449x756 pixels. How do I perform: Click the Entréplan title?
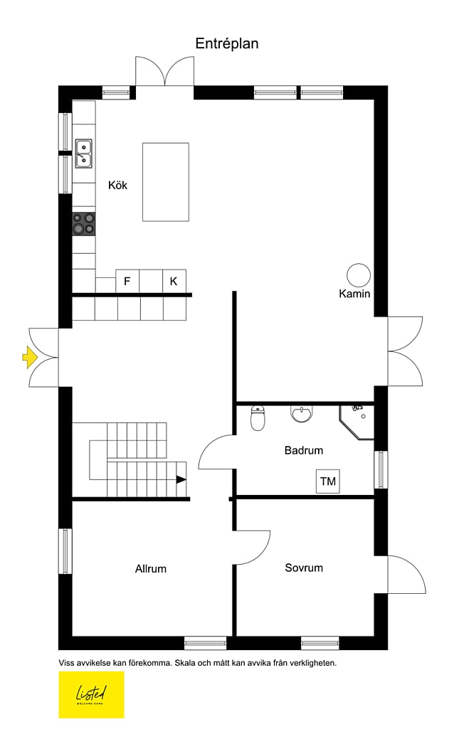(x=227, y=44)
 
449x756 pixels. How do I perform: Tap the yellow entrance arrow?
(x=29, y=357)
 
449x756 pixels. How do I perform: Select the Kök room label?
(x=117, y=185)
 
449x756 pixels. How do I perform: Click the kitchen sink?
(x=84, y=154)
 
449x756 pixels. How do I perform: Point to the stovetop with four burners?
(x=84, y=224)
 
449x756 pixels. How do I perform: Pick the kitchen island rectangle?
(x=165, y=182)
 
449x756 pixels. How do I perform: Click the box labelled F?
(x=127, y=281)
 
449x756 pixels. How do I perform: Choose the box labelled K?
(x=174, y=281)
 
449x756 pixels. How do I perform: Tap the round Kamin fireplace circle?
(x=359, y=275)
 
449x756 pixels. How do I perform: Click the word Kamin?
(x=354, y=294)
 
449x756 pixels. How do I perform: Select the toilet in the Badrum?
(x=258, y=417)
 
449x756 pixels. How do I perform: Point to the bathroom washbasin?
(x=302, y=414)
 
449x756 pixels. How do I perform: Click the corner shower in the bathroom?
(x=357, y=422)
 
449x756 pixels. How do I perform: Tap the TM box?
(x=328, y=481)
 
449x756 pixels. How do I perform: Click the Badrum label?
(x=304, y=451)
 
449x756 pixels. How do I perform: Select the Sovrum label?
(x=304, y=568)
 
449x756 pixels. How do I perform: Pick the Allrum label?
(x=150, y=569)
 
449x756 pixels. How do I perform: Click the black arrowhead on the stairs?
(x=181, y=480)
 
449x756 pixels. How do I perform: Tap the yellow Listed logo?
(x=92, y=695)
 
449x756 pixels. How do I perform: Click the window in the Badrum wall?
(x=381, y=469)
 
